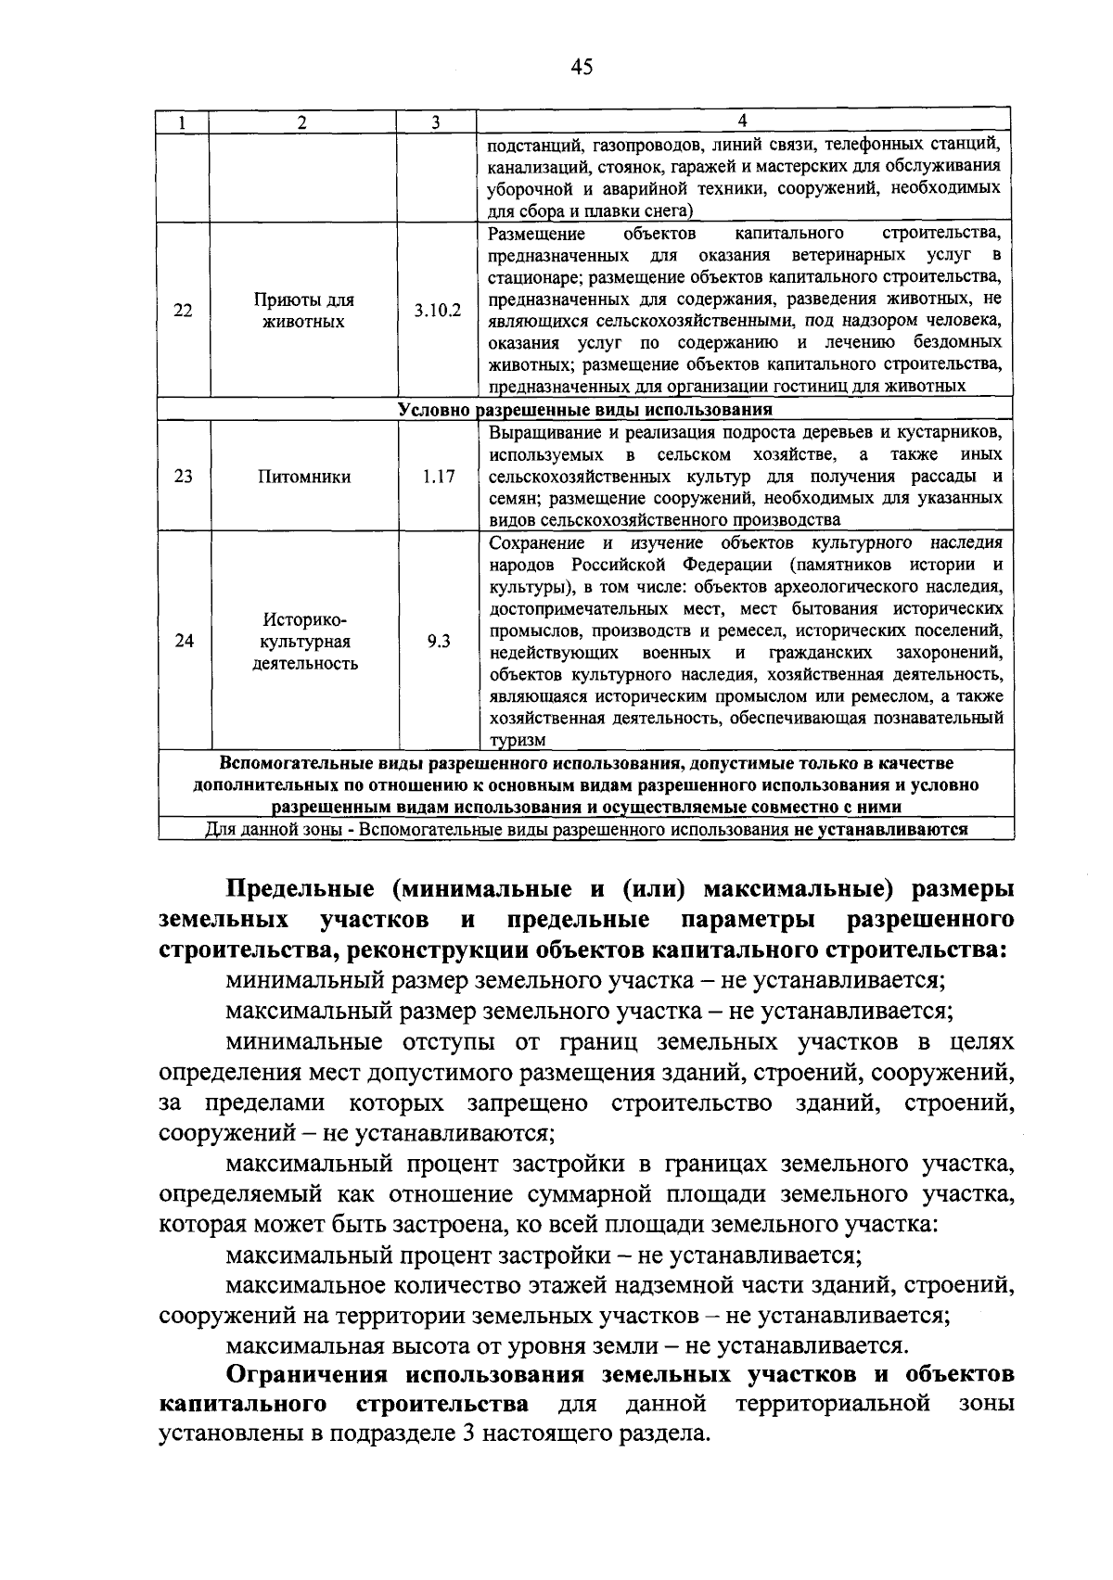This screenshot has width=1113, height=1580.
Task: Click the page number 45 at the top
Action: tap(582, 67)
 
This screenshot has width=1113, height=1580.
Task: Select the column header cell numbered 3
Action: tap(435, 122)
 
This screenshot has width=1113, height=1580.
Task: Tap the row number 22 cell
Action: tap(184, 311)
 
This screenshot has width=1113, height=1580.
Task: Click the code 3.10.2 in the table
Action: tap(437, 311)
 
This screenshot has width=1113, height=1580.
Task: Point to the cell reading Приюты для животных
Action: tap(303, 311)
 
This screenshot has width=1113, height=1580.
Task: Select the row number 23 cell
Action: tap(184, 477)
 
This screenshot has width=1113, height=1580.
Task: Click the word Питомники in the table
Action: tap(304, 477)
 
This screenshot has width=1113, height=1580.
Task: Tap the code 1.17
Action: tap(438, 477)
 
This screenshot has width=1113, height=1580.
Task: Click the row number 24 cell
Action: tap(184, 641)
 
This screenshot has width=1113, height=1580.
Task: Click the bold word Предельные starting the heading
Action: tap(301, 888)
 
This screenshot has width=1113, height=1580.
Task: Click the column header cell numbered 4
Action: tap(742, 121)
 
